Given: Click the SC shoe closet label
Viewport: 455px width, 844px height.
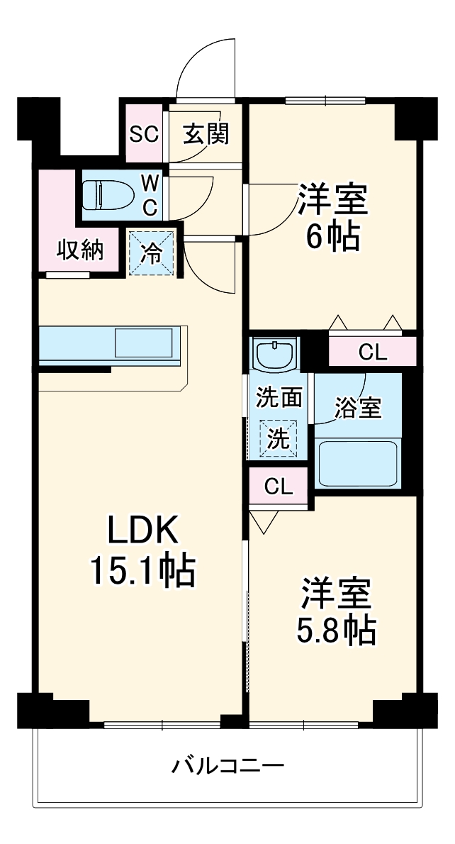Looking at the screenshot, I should pos(144,135).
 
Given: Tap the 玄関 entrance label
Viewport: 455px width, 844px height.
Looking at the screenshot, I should pos(206,134).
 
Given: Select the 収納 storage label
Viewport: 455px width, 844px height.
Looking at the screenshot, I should pos(79,250).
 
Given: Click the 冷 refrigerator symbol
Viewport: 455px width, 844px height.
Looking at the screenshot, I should pos(150,252).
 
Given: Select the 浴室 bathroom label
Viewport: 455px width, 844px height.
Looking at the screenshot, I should pos(358,409).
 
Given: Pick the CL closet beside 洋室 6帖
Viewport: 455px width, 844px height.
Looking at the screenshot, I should pos(373,352).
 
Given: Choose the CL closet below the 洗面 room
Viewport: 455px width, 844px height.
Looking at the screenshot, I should pos(279,486).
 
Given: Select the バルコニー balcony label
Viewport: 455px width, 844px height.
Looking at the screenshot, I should pos(228,766).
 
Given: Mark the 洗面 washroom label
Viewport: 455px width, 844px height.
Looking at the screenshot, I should pos(279,398).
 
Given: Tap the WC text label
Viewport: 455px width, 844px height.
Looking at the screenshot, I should pos(150,194).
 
